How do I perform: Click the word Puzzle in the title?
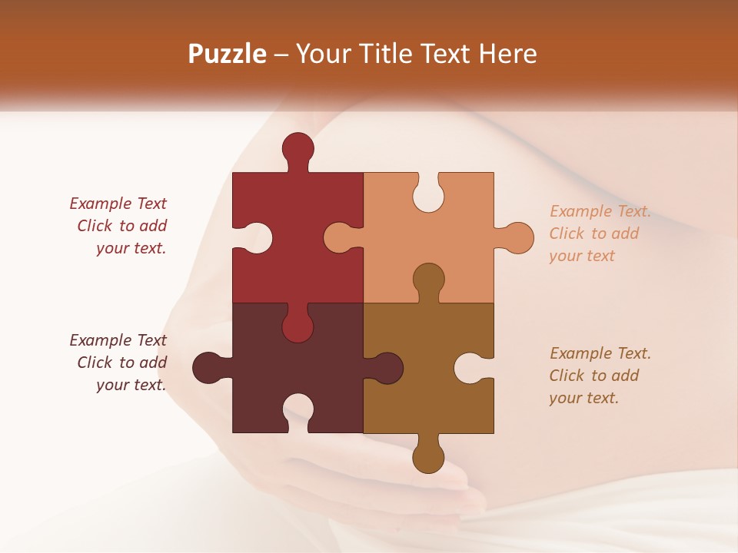point(228,54)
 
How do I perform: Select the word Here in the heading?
point(507,54)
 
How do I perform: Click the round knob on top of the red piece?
point(298,148)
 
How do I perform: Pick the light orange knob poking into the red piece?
point(338,238)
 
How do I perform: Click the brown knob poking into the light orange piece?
point(428,278)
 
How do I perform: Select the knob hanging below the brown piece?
point(428,458)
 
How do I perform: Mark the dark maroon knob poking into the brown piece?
point(387,368)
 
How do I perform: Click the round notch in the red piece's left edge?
point(258,238)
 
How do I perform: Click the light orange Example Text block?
point(600,233)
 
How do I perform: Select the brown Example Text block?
point(600,376)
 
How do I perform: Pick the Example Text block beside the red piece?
point(119,226)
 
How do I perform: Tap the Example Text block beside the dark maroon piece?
point(119,363)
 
